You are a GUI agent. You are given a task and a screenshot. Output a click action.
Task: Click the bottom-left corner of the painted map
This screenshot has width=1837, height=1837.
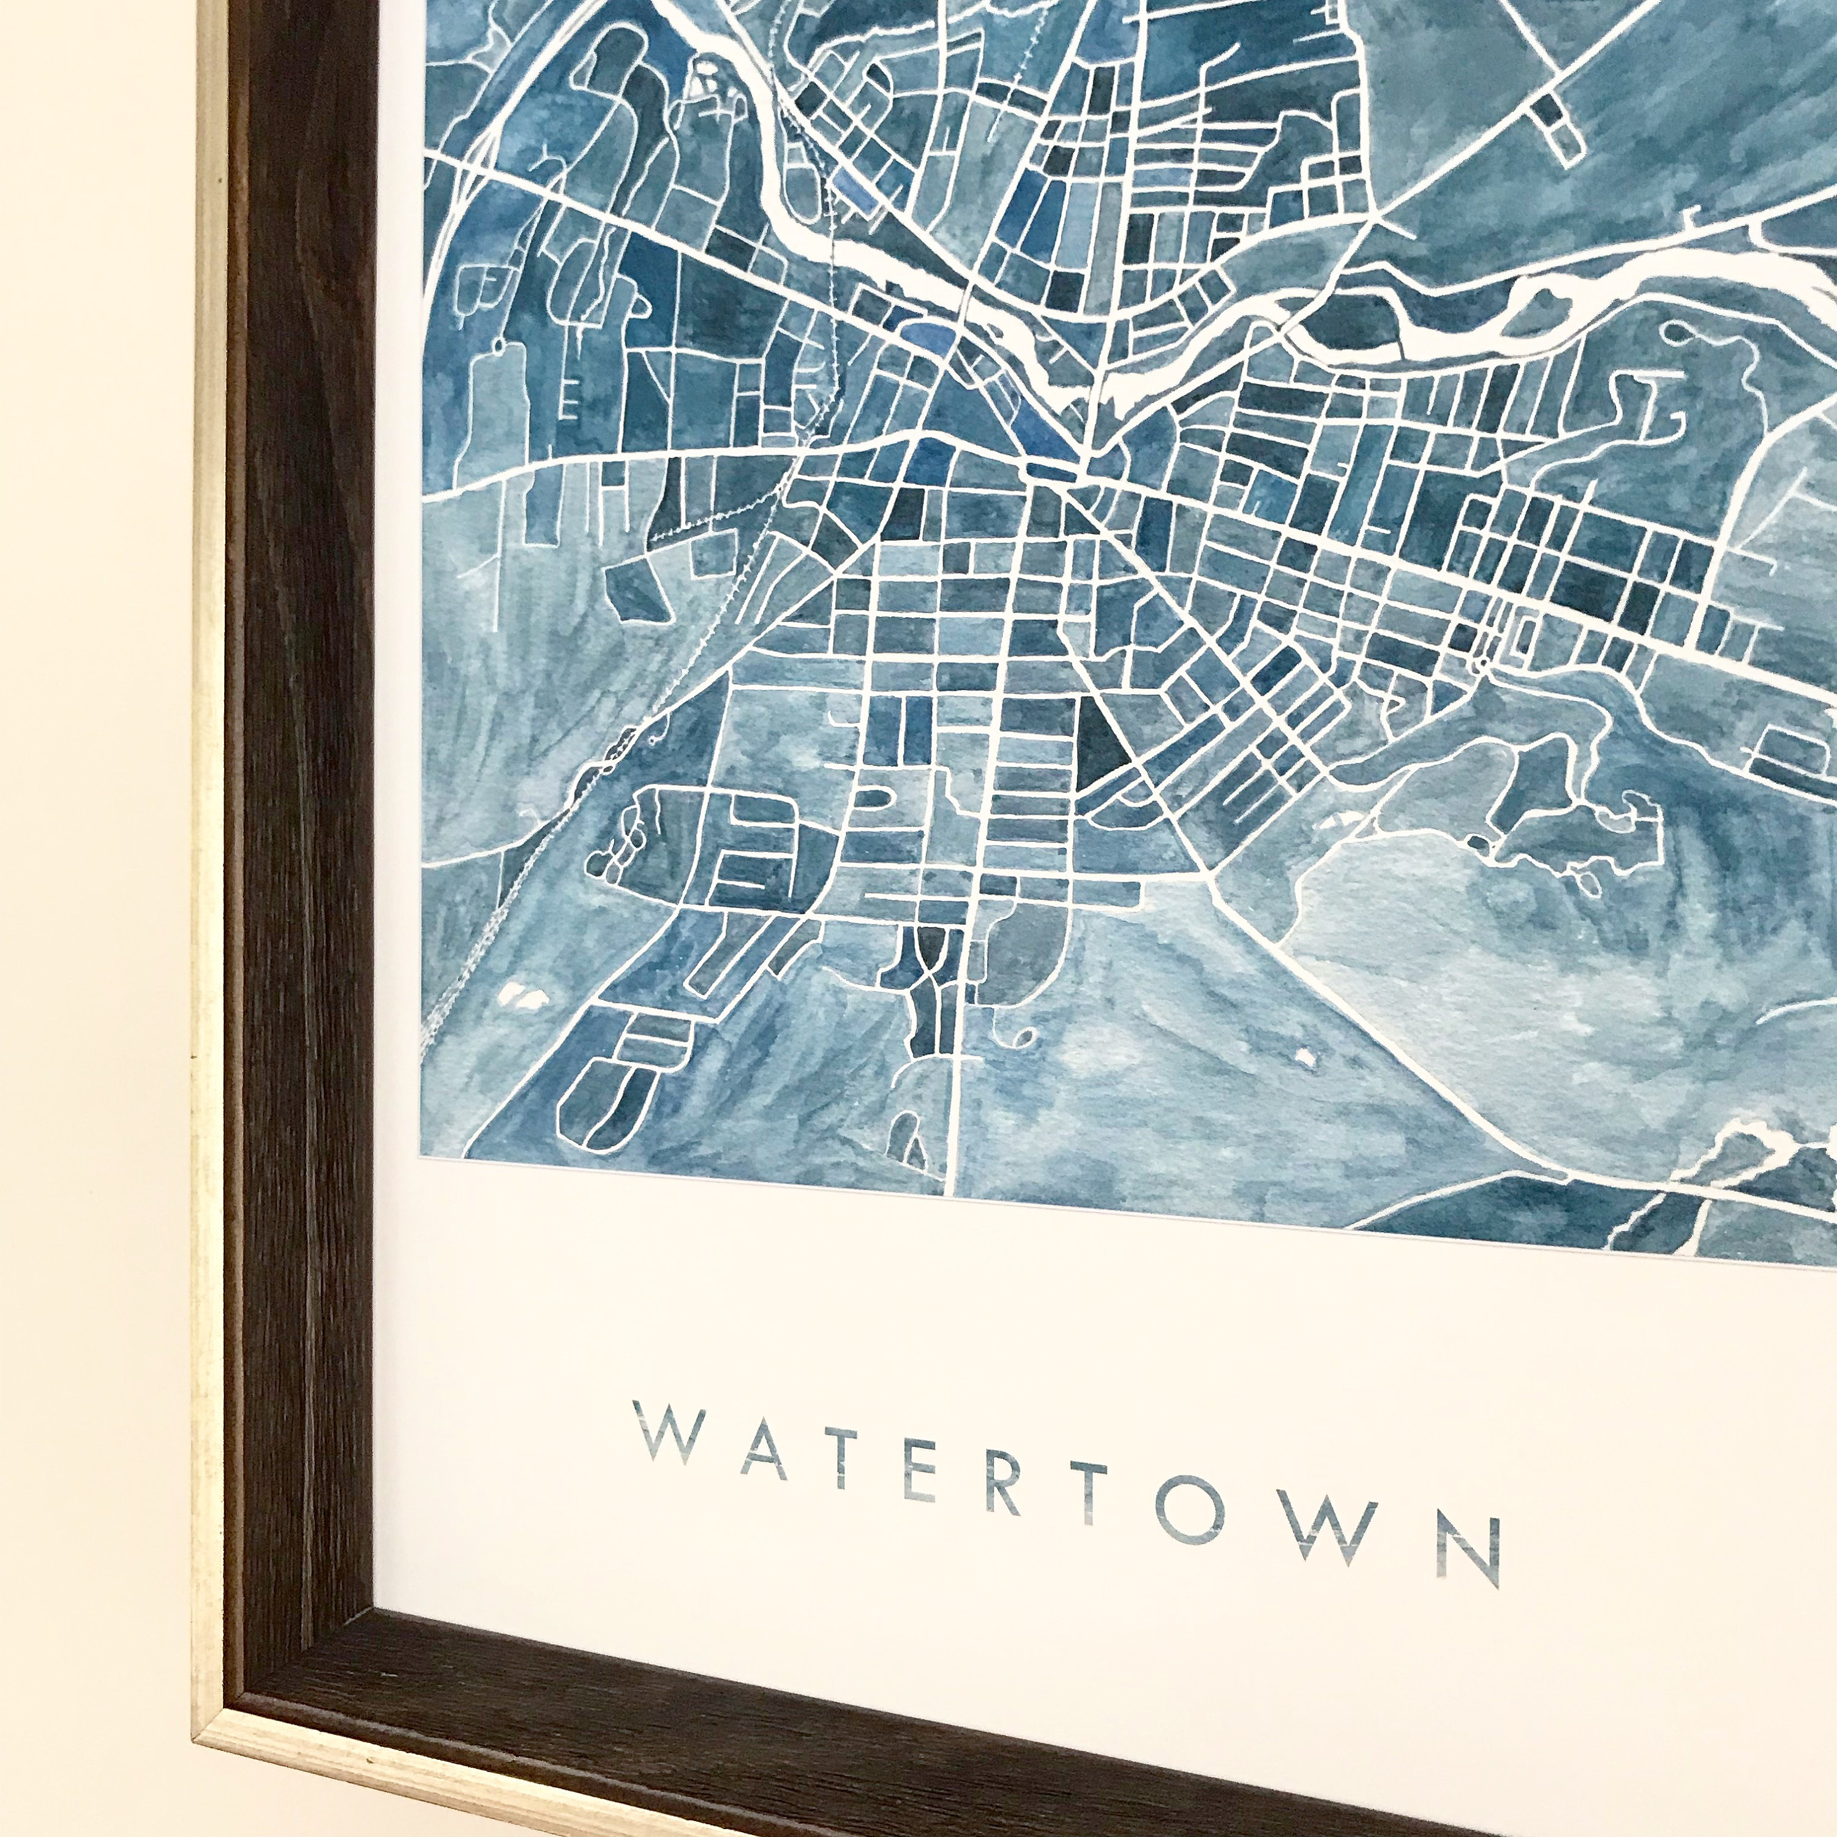point(421,1158)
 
